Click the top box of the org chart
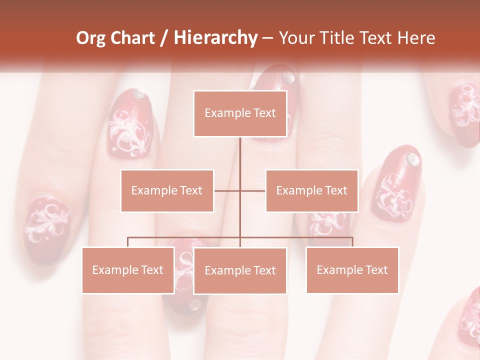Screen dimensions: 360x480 coord(240,113)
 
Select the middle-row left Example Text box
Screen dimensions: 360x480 coord(167,190)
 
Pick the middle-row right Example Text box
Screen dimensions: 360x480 coord(311,190)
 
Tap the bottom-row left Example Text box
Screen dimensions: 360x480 coord(128,270)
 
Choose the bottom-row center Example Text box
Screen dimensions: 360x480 coord(240,270)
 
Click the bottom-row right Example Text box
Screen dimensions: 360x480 coord(352,270)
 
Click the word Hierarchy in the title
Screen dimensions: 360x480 coord(215,38)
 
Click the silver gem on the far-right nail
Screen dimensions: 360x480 coord(413,159)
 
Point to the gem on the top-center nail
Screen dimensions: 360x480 coord(287,77)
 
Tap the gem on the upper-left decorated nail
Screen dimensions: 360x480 coord(138,94)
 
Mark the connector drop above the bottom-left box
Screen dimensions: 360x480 coord(128,242)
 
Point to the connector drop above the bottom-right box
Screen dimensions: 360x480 coord(352,242)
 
